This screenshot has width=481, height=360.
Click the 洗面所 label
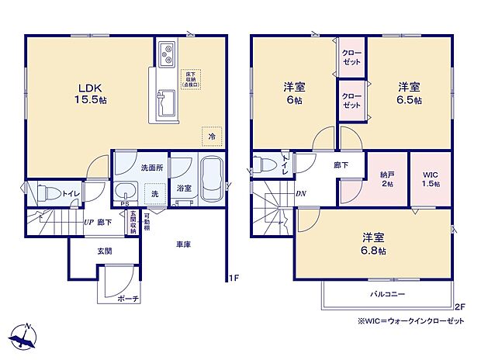(130, 167)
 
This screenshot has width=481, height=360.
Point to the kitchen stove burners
(168, 55)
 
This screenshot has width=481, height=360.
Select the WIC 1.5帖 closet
(431, 179)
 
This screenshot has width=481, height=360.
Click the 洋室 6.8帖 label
(373, 245)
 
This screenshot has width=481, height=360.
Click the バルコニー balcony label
(386, 295)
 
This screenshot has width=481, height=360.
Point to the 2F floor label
(459, 306)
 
